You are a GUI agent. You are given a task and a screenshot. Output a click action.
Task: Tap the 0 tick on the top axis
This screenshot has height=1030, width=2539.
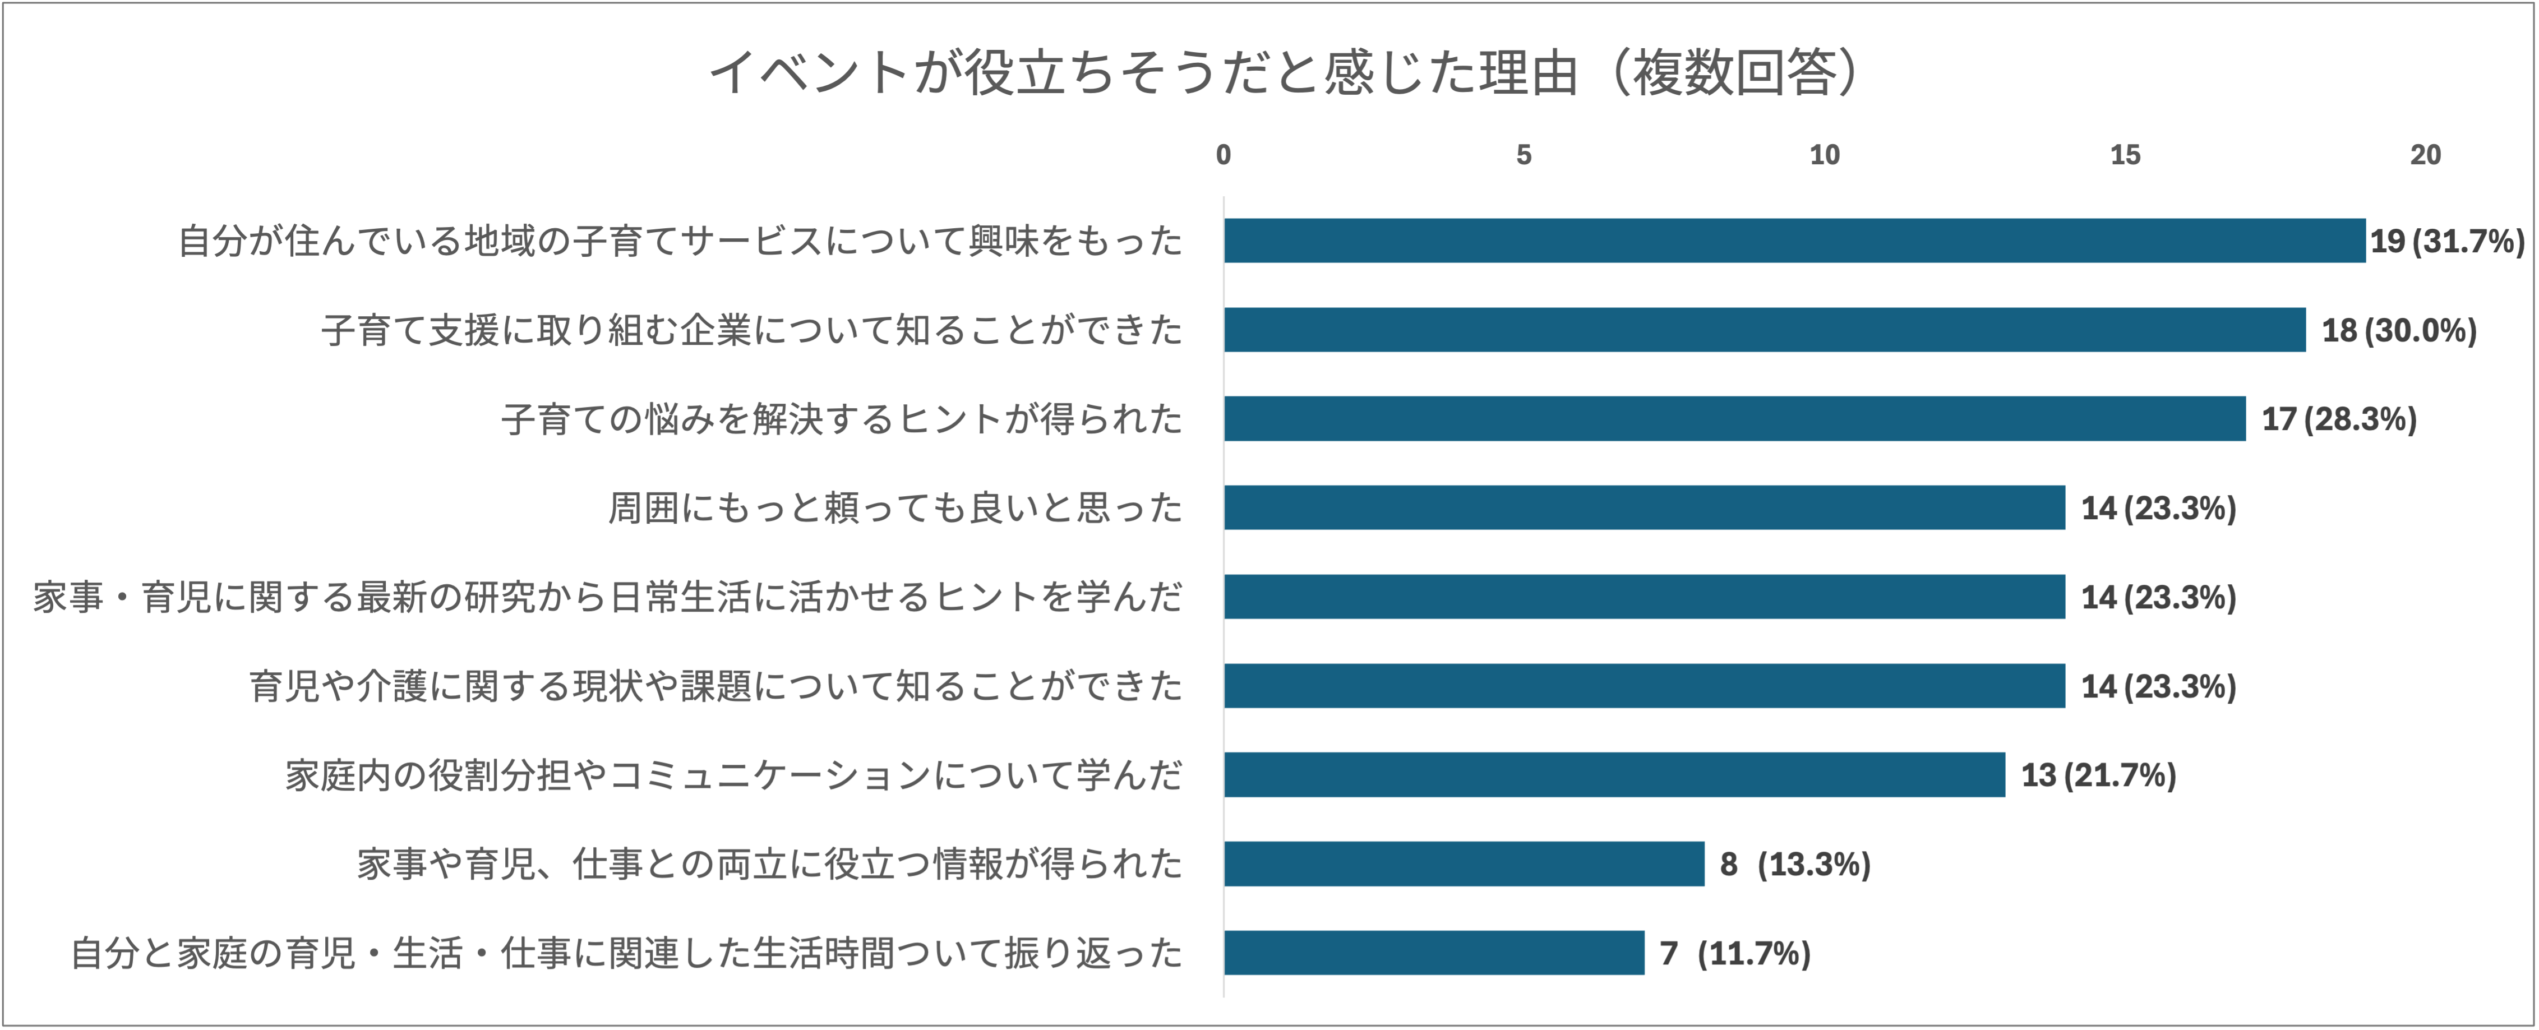[x=1223, y=155]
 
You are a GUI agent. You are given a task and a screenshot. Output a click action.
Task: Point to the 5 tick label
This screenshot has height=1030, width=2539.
[x=1524, y=155]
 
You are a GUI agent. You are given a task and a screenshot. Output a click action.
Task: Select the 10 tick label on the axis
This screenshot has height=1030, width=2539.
[x=1825, y=155]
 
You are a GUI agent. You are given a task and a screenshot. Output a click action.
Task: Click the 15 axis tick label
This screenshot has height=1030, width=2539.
[x=2125, y=155]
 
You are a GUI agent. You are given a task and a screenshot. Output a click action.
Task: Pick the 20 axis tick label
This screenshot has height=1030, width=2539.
[x=2426, y=155]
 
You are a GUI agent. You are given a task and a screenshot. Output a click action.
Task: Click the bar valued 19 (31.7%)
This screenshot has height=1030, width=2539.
[x=1794, y=241]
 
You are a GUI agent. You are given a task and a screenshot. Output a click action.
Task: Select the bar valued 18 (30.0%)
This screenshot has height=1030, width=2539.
[x=1764, y=329]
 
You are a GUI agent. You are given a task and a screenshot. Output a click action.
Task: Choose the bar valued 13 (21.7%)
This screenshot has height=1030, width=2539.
[x=1614, y=775]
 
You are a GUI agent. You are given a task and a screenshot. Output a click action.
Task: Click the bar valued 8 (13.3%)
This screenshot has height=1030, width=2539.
[x=1464, y=863]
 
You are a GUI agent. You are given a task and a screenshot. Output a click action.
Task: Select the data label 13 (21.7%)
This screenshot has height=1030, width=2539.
[x=2098, y=775]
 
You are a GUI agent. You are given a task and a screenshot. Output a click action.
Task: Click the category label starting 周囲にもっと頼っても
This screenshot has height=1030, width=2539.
[x=895, y=507]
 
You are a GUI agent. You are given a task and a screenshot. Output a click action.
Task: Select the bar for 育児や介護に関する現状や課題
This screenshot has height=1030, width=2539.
[x=1644, y=686]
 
